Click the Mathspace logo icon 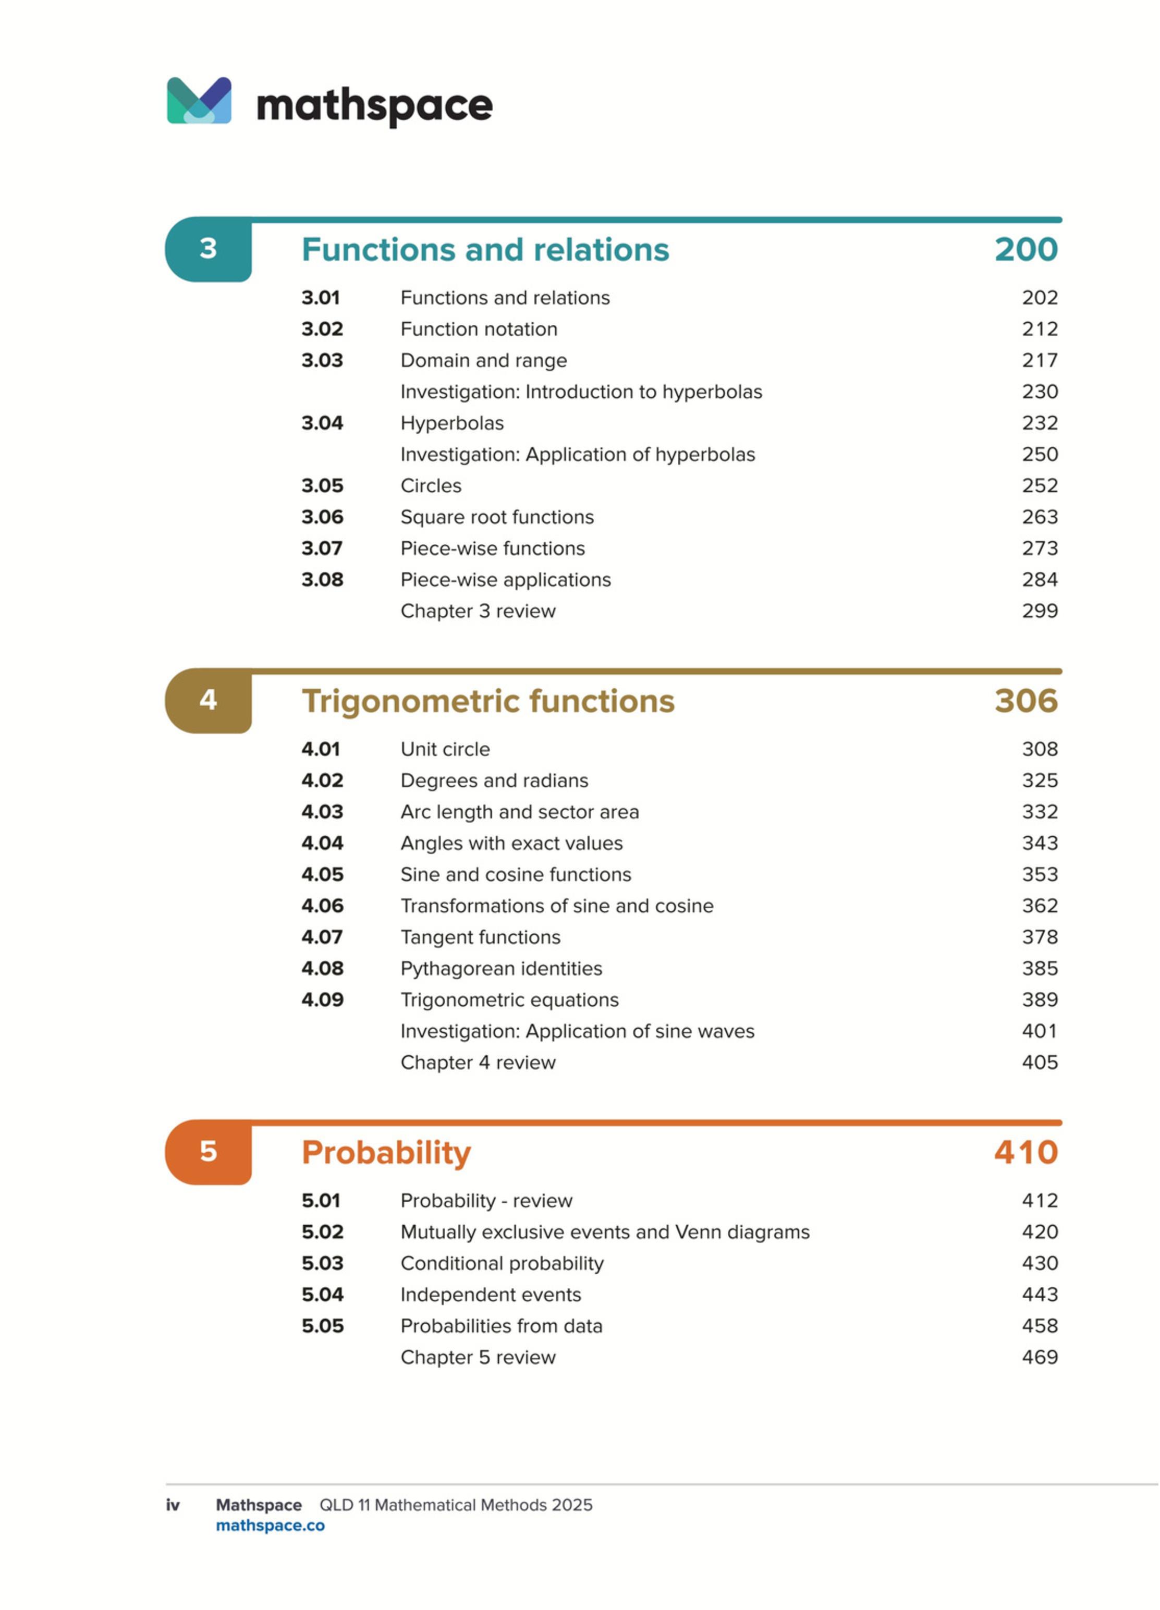coord(199,101)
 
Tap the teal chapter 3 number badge coord(208,249)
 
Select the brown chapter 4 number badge coord(208,701)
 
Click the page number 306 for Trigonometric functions coord(1026,701)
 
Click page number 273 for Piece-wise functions coord(1040,548)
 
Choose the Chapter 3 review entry coord(478,611)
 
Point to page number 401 coord(1040,1031)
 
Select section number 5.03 coord(322,1264)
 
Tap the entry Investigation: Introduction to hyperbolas coord(581,392)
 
